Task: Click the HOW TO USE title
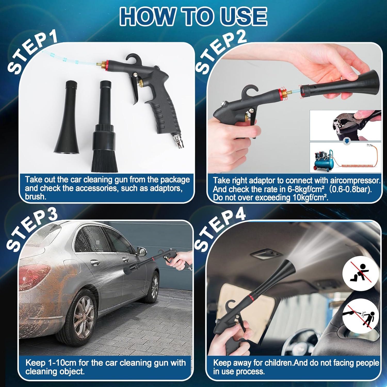point(193,16)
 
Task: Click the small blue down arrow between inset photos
point(347,141)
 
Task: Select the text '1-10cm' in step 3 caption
point(62,363)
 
